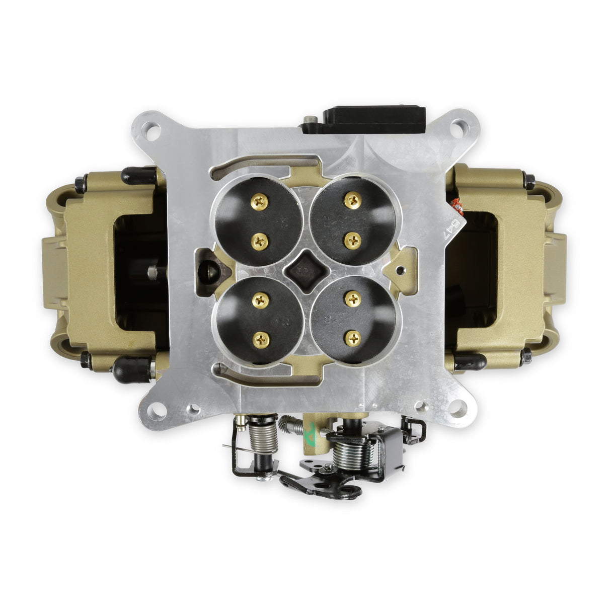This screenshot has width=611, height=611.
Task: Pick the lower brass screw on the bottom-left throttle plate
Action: pos(262,339)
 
